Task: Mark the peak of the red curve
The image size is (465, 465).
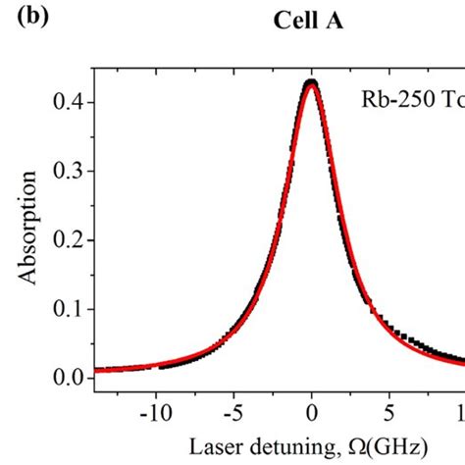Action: (x=311, y=83)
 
